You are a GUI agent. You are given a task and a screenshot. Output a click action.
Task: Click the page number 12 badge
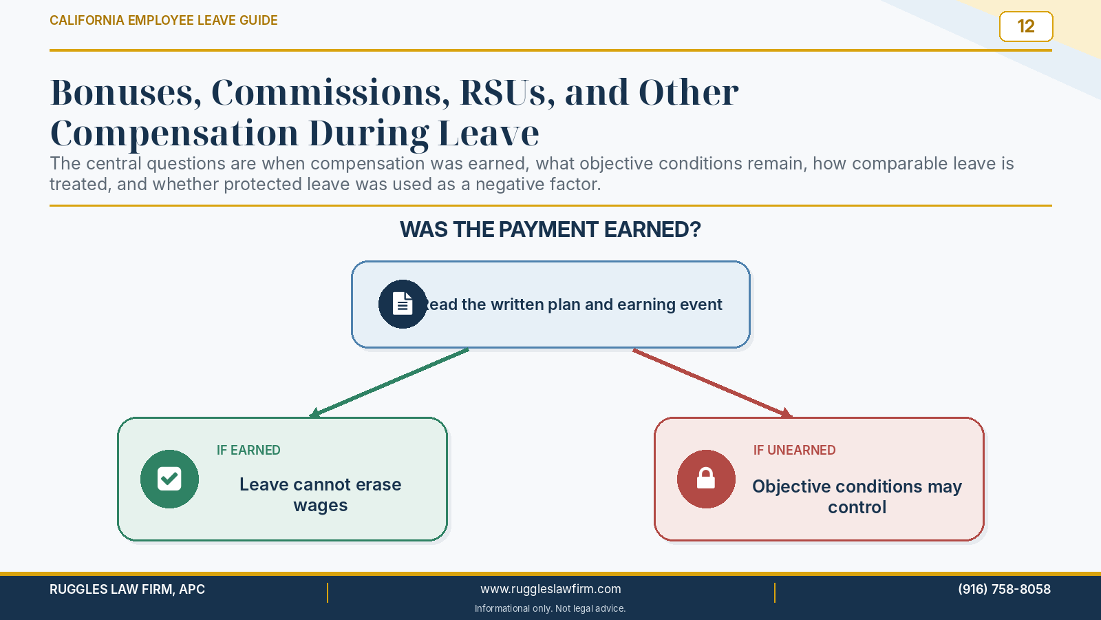pos(1026,27)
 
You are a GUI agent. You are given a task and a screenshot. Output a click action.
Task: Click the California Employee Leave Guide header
pos(164,21)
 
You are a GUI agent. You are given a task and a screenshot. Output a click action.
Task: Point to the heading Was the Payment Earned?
pos(550,230)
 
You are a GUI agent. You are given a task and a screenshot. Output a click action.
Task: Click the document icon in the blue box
pos(402,304)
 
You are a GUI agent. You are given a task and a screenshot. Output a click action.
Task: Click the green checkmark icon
pos(169,479)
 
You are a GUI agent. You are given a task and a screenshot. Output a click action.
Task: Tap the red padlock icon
pos(706,479)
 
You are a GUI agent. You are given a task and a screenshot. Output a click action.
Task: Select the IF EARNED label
pos(248,451)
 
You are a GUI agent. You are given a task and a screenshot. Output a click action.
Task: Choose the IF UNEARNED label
pos(794,451)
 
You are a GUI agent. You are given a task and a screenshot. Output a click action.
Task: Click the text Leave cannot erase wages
pos(321,495)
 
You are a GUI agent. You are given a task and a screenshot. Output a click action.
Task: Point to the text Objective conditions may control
pos(857,497)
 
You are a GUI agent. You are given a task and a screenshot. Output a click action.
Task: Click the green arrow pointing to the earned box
pos(389,383)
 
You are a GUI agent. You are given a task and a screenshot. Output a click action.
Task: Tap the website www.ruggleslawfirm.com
pos(550,589)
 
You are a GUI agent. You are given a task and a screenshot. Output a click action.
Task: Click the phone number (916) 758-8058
pos(1004,589)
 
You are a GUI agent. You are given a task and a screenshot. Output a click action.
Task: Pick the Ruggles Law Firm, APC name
pos(127,589)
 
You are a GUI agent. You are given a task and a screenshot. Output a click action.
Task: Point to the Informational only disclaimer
pos(550,609)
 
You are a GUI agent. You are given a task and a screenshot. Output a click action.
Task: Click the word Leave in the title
pos(488,134)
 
